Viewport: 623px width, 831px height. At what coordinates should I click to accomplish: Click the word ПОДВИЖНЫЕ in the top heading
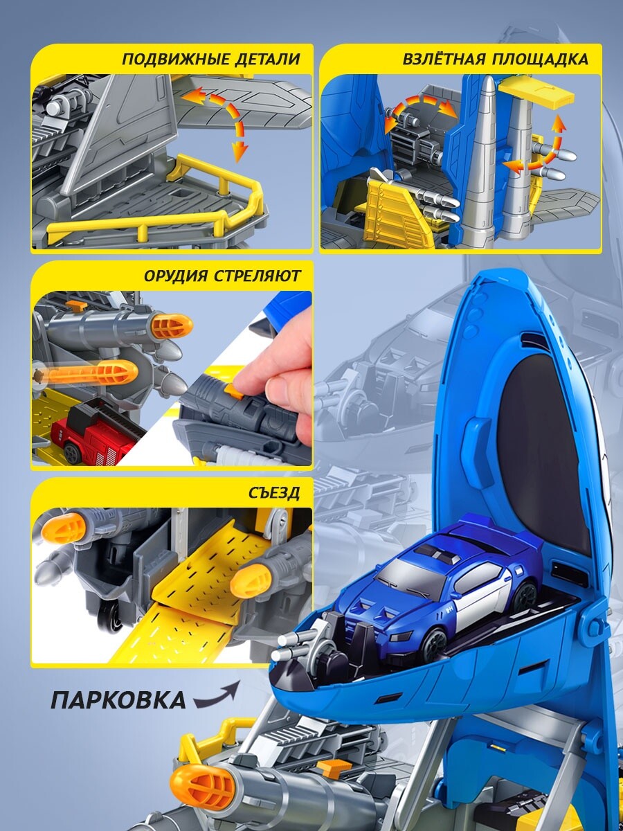[x=176, y=60]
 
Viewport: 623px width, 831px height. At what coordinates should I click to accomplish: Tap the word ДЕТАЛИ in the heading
[x=268, y=60]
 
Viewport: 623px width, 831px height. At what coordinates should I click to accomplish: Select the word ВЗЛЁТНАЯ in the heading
[x=444, y=59]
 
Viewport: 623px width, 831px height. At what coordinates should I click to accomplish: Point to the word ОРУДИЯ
[x=176, y=276]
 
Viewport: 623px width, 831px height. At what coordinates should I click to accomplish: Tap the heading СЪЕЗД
[x=274, y=493]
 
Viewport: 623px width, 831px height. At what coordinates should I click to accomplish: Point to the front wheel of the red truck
[x=72, y=452]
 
